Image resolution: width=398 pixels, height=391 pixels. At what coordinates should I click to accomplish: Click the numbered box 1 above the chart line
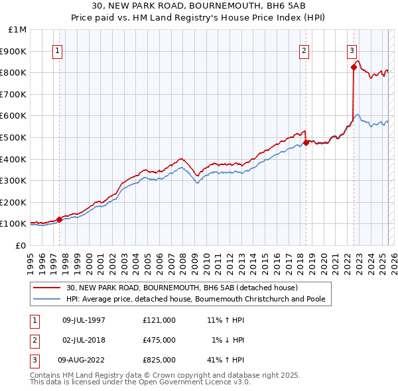(x=57, y=50)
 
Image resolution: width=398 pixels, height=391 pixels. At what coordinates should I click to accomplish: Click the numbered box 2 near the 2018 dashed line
(x=304, y=50)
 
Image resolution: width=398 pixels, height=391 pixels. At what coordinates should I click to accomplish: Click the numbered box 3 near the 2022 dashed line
(x=352, y=50)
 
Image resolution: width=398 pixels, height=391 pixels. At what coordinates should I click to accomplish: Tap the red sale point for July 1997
(x=59, y=219)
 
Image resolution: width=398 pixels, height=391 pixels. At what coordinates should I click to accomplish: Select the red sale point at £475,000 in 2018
(x=306, y=142)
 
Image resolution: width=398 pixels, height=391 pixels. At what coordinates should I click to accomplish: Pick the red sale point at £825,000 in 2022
(x=354, y=67)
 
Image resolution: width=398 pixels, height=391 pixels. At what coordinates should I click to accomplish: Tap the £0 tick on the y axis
(x=21, y=245)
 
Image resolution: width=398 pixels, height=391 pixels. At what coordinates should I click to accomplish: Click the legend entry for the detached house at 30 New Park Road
(x=182, y=288)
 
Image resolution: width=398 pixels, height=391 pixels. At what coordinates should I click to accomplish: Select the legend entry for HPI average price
(x=195, y=299)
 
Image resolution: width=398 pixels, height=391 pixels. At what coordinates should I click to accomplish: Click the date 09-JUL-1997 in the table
(x=84, y=320)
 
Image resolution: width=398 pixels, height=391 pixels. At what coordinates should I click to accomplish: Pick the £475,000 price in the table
(x=159, y=340)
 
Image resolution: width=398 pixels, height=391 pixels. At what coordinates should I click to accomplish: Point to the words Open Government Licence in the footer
(x=192, y=382)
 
